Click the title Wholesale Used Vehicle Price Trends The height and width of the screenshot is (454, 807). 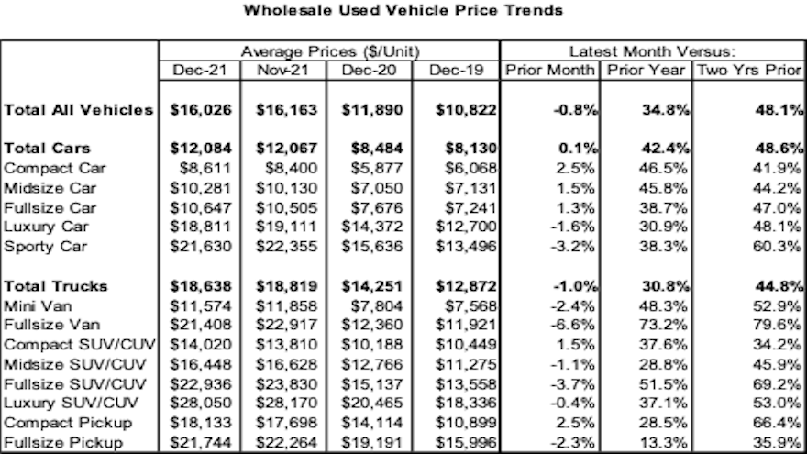point(403,11)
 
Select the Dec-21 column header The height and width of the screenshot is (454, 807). point(199,71)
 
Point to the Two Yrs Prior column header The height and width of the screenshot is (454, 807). point(749,71)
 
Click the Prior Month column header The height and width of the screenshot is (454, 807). point(549,71)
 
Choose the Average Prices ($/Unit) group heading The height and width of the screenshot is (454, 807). point(329,51)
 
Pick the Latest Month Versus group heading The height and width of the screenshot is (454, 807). point(652,51)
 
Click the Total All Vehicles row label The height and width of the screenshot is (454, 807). point(79,110)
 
